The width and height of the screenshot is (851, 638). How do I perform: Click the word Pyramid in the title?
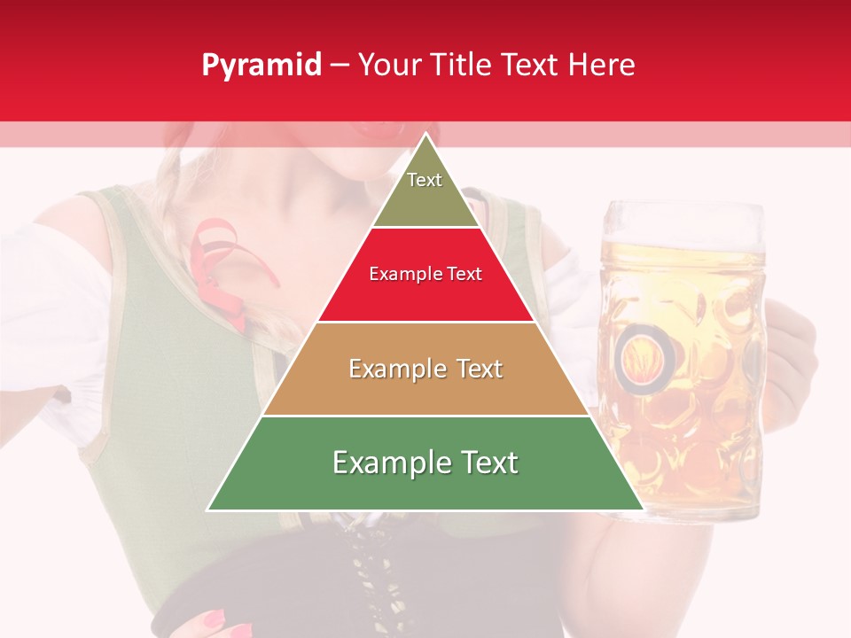point(261,66)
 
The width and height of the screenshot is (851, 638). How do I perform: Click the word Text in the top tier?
point(425,180)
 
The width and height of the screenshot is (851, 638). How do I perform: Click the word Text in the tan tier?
point(475,369)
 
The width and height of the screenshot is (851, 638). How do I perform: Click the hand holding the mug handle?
point(793,354)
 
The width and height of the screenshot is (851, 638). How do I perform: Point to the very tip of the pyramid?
point(425,135)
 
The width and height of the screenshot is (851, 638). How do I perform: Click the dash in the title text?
point(339,66)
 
